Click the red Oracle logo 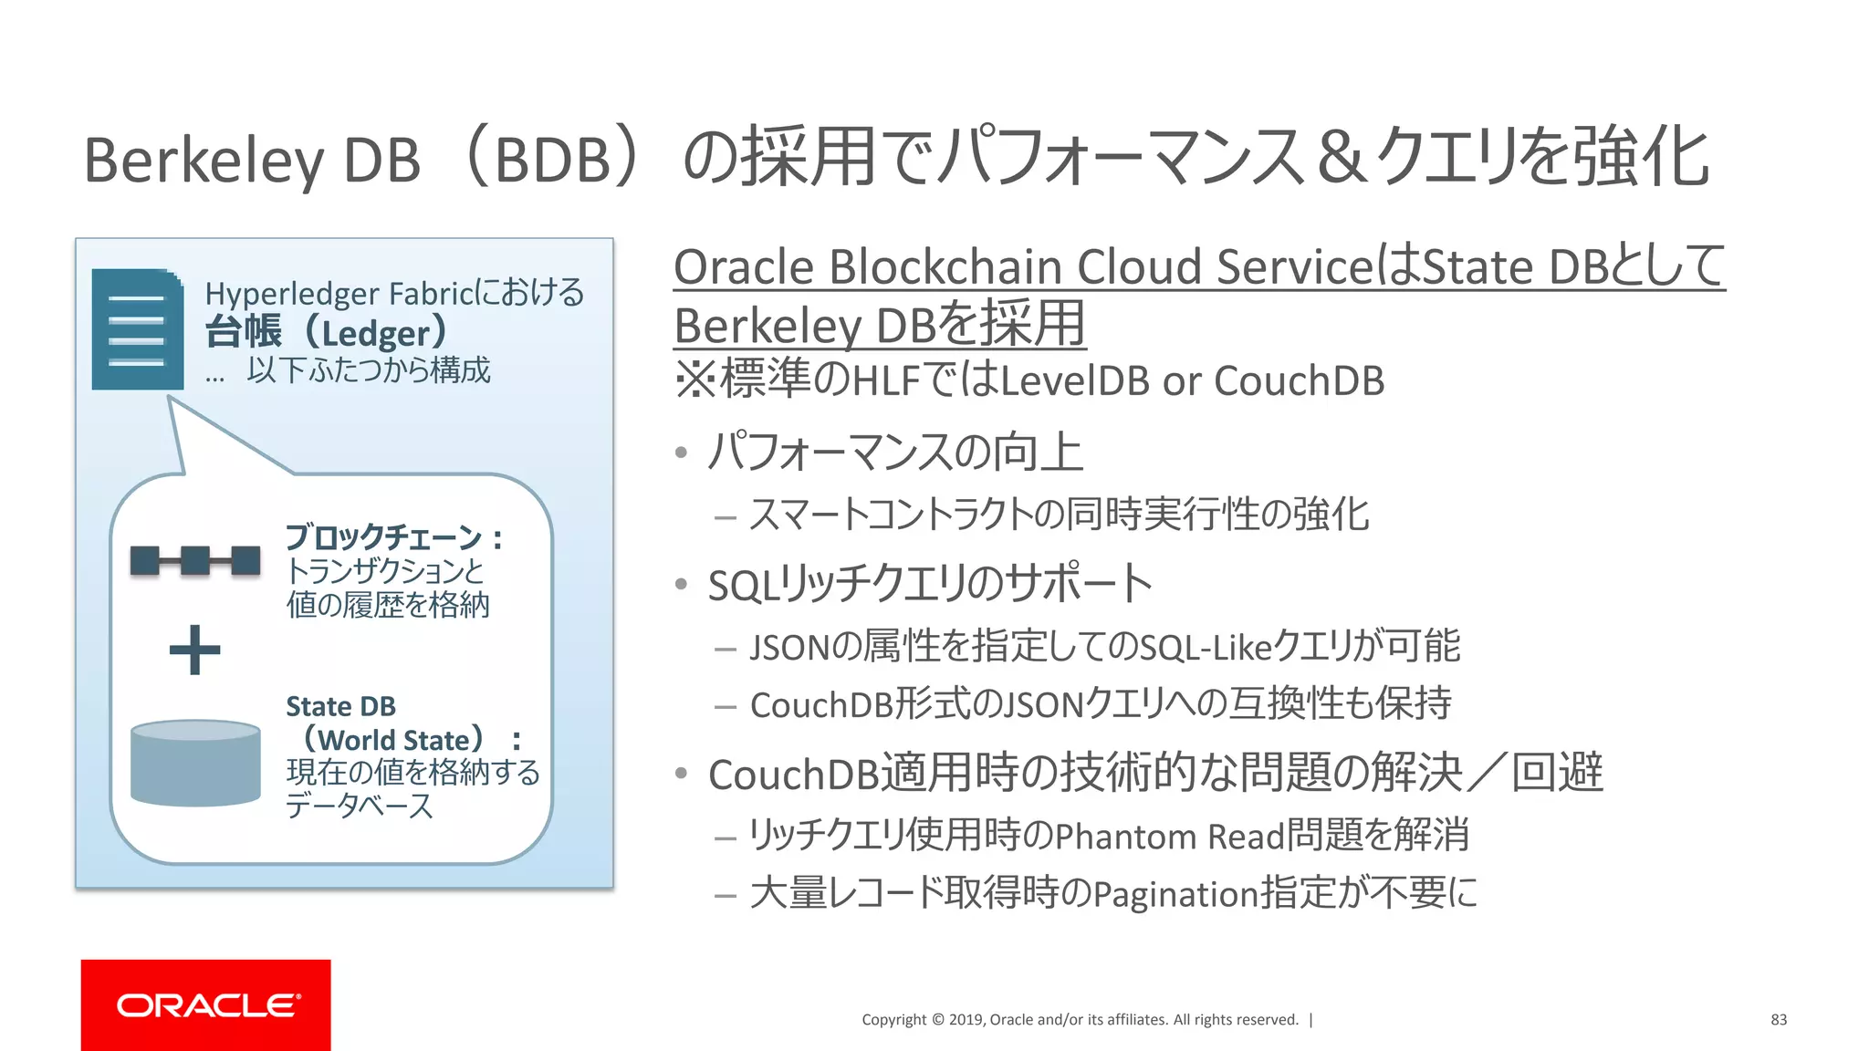coord(206,1004)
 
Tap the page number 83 coord(1778,1020)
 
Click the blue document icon coord(137,329)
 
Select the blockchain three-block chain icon coord(194,560)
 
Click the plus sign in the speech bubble coord(194,650)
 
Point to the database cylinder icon coord(195,763)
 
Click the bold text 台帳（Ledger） coord(327,332)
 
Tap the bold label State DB coord(340,706)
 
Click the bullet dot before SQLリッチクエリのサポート coord(681,584)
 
